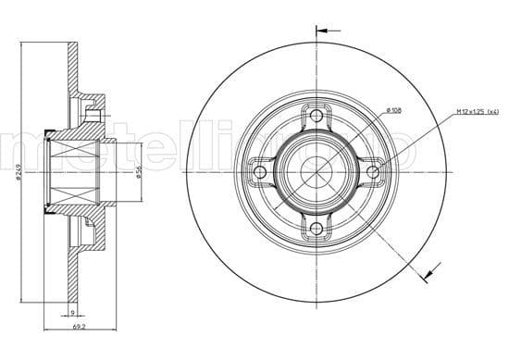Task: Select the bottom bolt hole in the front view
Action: (x=317, y=228)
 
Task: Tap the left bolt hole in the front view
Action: (x=260, y=171)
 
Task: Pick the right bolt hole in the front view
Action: (x=373, y=171)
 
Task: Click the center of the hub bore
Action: (x=317, y=171)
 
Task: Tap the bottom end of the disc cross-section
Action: (x=73, y=298)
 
